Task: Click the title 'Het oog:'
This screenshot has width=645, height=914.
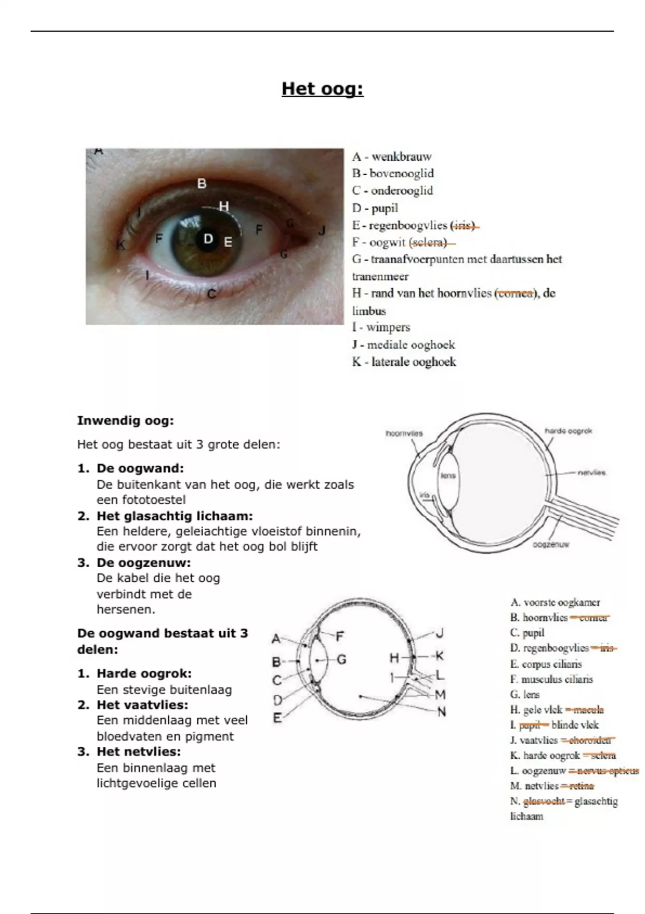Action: pyautogui.click(x=322, y=89)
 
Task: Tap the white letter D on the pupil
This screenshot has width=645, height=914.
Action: pyautogui.click(x=208, y=239)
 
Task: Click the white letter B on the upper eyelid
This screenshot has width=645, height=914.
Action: pyautogui.click(x=202, y=184)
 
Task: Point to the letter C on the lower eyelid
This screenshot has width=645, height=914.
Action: pyautogui.click(x=211, y=294)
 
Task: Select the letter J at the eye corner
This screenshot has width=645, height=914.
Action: pyautogui.click(x=322, y=231)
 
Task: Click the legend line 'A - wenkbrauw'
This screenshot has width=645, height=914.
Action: pyautogui.click(x=392, y=157)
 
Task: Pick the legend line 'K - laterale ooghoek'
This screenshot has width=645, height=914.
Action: pyautogui.click(x=404, y=362)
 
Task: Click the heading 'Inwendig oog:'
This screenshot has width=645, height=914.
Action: pyautogui.click(x=125, y=420)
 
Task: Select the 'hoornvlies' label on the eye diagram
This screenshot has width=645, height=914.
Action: pyautogui.click(x=404, y=433)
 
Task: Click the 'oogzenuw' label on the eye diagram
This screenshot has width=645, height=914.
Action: pyautogui.click(x=551, y=545)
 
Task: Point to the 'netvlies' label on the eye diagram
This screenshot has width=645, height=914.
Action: pyautogui.click(x=591, y=473)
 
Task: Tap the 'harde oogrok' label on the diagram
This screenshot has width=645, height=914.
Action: pyautogui.click(x=568, y=431)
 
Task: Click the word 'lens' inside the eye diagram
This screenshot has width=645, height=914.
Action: pyautogui.click(x=448, y=475)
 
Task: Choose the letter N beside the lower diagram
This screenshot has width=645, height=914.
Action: pyautogui.click(x=441, y=712)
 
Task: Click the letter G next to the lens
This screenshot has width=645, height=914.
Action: pyautogui.click(x=341, y=659)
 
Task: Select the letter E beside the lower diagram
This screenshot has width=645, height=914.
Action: pyautogui.click(x=277, y=718)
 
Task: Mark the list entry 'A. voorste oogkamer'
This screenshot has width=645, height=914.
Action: pyautogui.click(x=555, y=603)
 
